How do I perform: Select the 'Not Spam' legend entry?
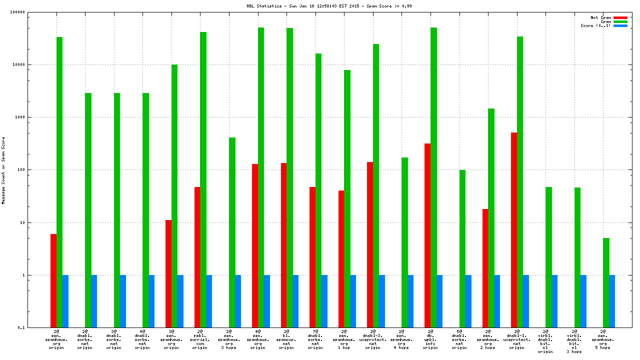pyautogui.click(x=600, y=17)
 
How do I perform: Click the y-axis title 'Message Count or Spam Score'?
pyautogui.click(x=3, y=170)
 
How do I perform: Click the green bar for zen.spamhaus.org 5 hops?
pyautogui.click(x=606, y=282)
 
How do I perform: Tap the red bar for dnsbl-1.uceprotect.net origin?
pyautogui.click(x=514, y=230)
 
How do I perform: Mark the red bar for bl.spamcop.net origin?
pyautogui.click(x=283, y=245)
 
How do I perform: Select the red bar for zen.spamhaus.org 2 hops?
pyautogui.click(x=485, y=268)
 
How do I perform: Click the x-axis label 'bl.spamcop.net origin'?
pyautogui.click(x=286, y=339)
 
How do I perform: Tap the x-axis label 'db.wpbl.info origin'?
pyautogui.click(x=430, y=339)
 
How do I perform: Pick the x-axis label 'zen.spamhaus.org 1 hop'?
pyautogui.click(x=344, y=339)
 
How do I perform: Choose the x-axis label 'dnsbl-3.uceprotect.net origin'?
pyautogui.click(x=372, y=339)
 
